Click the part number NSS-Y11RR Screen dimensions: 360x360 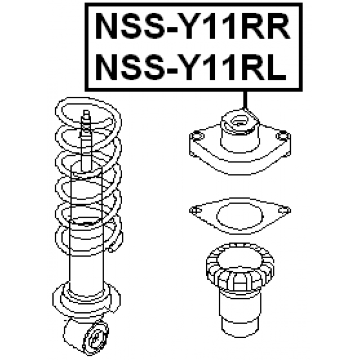pyautogui.click(x=193, y=26)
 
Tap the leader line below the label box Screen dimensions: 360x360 pyautogui.click(x=245, y=100)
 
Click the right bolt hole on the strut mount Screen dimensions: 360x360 pyautogui.click(x=282, y=136)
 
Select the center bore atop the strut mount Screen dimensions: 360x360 pyautogui.click(x=239, y=121)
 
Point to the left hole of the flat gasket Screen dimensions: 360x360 pyautogui.click(x=195, y=210)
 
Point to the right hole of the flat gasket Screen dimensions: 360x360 pyautogui.click(x=285, y=210)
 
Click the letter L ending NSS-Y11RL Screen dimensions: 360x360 pyautogui.click(x=278, y=67)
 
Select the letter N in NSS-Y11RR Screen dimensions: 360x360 pyautogui.click(x=107, y=26)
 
